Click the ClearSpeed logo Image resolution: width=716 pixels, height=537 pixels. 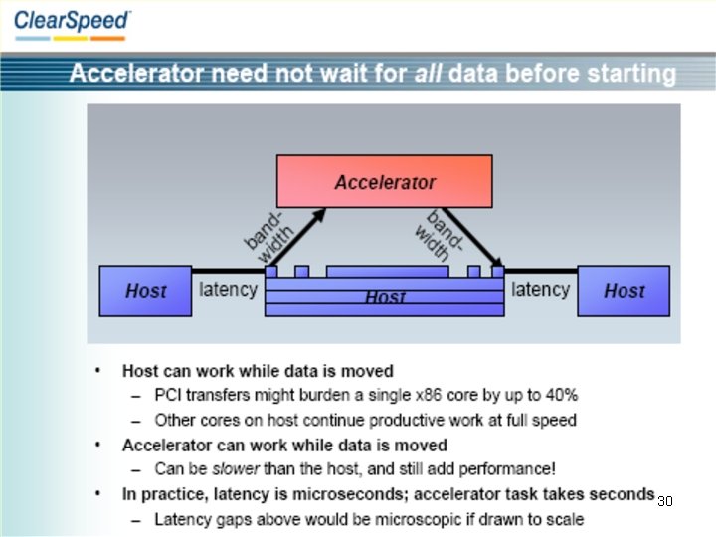pyautogui.click(x=71, y=22)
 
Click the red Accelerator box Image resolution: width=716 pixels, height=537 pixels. pyautogui.click(x=384, y=181)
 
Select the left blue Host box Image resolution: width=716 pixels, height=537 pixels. pyautogui.click(x=145, y=291)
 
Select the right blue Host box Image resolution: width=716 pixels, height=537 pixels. pyautogui.click(x=624, y=291)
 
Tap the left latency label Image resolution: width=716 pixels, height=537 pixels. pyautogui.click(x=228, y=290)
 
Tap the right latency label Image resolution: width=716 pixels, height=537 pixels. pyautogui.click(x=540, y=290)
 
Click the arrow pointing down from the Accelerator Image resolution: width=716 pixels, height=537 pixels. pyautogui.click(x=471, y=238)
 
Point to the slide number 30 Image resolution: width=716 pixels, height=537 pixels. pyautogui.click(x=665, y=501)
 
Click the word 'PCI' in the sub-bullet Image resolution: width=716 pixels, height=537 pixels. pyautogui.click(x=169, y=396)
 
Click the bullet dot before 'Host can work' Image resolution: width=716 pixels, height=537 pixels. pyautogui.click(x=98, y=371)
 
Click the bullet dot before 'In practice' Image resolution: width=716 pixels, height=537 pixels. pyautogui.click(x=98, y=494)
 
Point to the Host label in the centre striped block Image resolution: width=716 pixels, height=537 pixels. pyautogui.click(x=385, y=297)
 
